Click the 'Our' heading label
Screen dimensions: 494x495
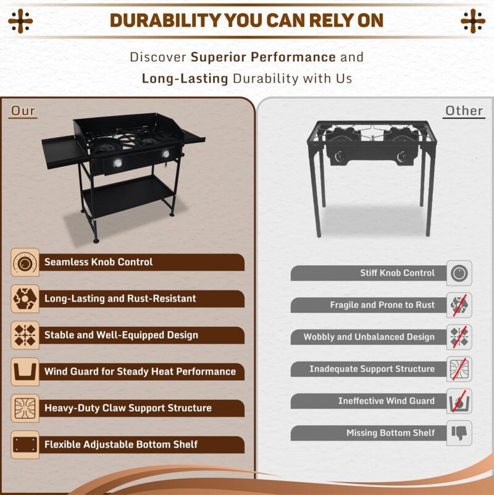[x=23, y=111]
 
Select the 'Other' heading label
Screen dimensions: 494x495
[x=464, y=111]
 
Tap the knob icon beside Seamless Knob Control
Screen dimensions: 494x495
[x=25, y=263]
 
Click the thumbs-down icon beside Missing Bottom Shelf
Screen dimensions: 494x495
[x=459, y=433]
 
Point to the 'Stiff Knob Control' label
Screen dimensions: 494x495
[x=397, y=273]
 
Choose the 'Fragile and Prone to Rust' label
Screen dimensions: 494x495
[x=382, y=305]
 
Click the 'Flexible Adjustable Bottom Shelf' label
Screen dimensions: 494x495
[x=121, y=444]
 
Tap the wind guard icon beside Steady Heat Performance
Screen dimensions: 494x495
[x=25, y=371]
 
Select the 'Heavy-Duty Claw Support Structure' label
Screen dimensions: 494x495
[x=128, y=408]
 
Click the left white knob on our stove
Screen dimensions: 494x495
[x=117, y=163]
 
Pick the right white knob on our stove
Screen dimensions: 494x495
[x=165, y=154]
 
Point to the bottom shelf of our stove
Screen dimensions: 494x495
[x=127, y=195]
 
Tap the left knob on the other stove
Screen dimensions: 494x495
[x=339, y=156]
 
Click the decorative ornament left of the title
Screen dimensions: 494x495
[x=20, y=21]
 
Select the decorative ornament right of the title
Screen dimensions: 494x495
[x=473, y=21]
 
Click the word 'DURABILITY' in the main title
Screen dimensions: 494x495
[x=165, y=20]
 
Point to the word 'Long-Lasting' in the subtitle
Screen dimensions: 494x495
[x=185, y=78]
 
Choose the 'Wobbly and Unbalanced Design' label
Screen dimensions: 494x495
[x=369, y=337]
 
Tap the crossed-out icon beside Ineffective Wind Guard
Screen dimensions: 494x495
[x=459, y=401]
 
